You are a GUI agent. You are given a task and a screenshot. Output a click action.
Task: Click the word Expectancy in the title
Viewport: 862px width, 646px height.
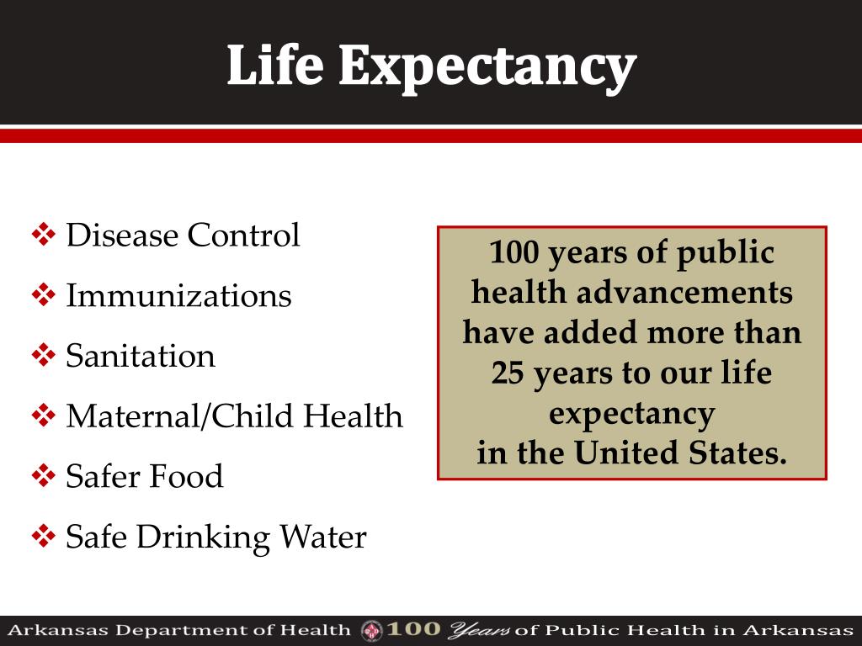[487, 67]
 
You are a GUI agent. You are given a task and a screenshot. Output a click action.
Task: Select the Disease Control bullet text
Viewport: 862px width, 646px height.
[183, 236]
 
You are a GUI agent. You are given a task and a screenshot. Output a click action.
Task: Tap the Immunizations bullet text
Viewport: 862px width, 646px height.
[178, 296]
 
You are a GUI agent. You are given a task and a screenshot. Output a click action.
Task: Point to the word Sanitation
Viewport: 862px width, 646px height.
[141, 357]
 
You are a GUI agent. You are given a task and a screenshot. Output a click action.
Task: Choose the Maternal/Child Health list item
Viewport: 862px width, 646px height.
[234, 416]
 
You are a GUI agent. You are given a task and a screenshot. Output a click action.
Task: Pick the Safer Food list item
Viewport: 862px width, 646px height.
[145, 477]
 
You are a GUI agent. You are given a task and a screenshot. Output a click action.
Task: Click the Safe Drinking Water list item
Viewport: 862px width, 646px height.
[216, 537]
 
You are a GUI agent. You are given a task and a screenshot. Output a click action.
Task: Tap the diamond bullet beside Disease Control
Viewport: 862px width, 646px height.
[43, 236]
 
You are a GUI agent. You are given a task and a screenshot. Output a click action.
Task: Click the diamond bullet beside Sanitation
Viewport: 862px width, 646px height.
[43, 357]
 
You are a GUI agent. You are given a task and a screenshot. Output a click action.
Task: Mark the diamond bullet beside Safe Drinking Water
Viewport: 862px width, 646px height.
[43, 537]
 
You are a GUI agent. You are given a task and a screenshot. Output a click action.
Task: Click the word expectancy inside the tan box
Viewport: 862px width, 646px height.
[631, 414]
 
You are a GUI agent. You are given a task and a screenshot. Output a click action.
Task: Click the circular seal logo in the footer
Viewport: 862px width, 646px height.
[371, 630]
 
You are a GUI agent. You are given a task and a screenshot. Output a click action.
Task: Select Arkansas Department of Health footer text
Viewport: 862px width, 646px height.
[178, 630]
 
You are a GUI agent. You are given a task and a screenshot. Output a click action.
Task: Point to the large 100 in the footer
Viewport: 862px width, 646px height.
[413, 629]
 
